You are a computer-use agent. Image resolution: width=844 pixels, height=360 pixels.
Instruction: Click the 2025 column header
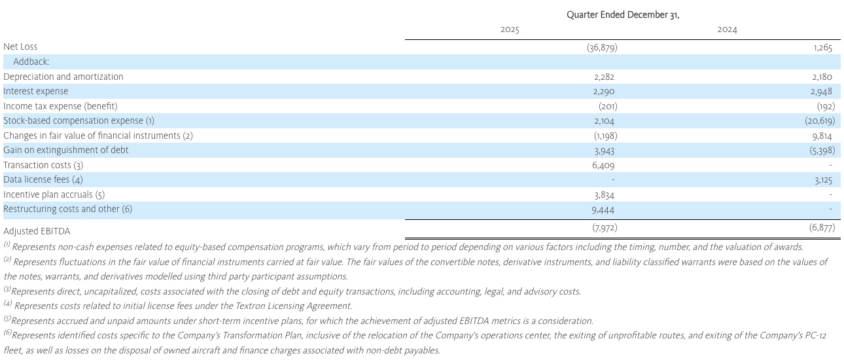click(x=510, y=30)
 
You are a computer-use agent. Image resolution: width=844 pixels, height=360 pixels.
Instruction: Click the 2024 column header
click(x=727, y=30)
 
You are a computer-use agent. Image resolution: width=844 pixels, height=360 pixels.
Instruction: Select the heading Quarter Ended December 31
click(x=622, y=15)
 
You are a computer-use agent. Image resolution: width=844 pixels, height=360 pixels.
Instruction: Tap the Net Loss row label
click(x=20, y=46)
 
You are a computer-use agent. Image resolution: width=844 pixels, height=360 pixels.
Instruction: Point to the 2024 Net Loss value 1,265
click(x=822, y=47)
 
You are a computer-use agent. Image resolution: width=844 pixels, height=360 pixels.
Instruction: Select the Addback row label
click(x=31, y=62)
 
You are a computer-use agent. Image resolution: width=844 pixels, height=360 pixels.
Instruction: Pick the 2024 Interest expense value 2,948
click(x=822, y=92)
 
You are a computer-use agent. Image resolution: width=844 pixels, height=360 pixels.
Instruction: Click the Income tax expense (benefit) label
click(x=60, y=106)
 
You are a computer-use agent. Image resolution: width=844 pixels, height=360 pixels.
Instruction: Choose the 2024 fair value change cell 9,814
click(x=822, y=135)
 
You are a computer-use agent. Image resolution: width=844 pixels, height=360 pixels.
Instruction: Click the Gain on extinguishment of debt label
click(x=66, y=150)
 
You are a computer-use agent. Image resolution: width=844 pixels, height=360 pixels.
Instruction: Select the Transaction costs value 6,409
click(x=604, y=165)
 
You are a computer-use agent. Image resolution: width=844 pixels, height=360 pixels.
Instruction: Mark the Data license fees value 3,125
click(x=822, y=180)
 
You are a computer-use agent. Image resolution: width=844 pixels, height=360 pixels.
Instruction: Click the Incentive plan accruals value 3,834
click(x=604, y=195)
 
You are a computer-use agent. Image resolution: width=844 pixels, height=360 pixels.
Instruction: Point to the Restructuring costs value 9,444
click(x=604, y=209)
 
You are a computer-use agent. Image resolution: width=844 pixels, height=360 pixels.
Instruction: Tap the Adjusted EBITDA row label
click(x=37, y=231)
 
